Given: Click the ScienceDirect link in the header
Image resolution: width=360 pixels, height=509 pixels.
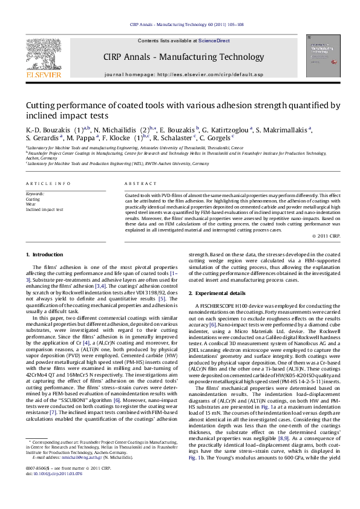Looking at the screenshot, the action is [214, 41].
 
